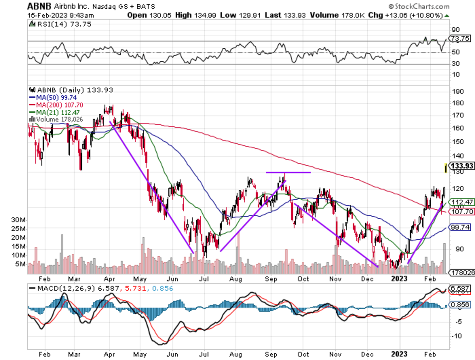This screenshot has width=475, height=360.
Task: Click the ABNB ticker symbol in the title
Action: pyautogui.click(x=38, y=7)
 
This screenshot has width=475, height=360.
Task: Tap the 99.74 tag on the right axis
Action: pyautogui.click(x=461, y=227)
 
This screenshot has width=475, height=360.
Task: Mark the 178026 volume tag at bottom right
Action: pyautogui.click(x=461, y=272)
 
